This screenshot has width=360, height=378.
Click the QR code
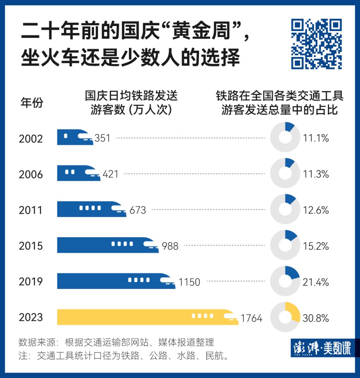pyautogui.click(x=316, y=44)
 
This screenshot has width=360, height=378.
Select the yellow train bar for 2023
pyautogui.click(x=148, y=317)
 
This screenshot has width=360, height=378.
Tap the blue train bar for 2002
pyautogui.click(x=75, y=137)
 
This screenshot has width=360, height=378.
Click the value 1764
pyautogui.click(x=251, y=319)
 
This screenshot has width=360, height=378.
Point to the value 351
pyautogui.click(x=102, y=138)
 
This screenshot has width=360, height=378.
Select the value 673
pyautogui.click(x=137, y=210)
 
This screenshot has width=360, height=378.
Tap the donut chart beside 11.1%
pyautogui.click(x=285, y=137)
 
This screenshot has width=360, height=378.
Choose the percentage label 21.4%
pyautogui.click(x=316, y=282)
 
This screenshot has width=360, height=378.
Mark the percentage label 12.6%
pyautogui.click(x=316, y=210)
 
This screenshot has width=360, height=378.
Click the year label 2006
pyautogui.click(x=31, y=175)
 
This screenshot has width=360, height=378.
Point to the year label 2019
pyautogui.click(x=31, y=282)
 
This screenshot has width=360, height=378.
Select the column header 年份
pyautogui.click(x=32, y=103)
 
